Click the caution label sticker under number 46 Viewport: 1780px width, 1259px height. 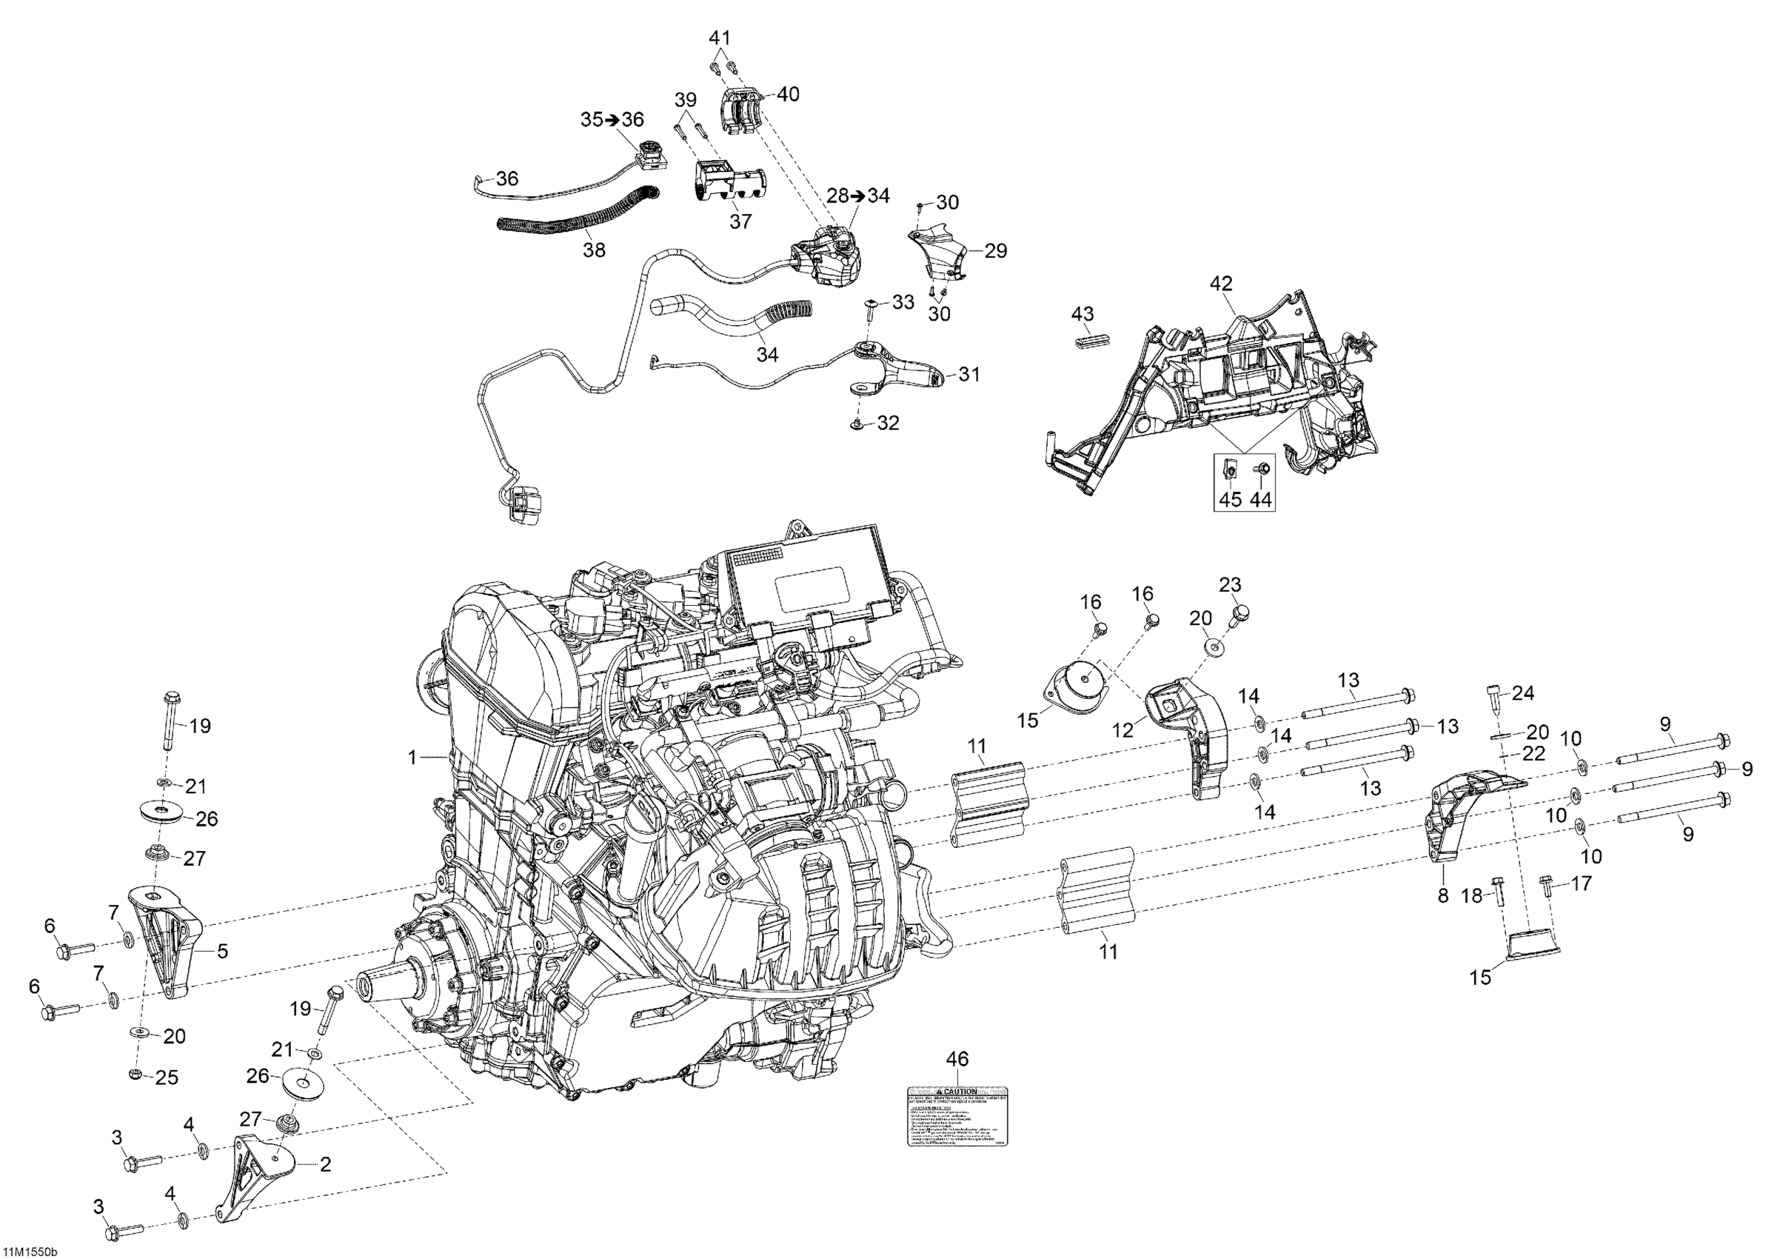[x=959, y=1116]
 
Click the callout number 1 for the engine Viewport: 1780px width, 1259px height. [x=413, y=757]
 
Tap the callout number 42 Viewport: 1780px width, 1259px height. [x=1221, y=284]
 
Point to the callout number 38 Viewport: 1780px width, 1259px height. [x=595, y=250]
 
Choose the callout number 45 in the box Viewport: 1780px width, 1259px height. [x=1231, y=500]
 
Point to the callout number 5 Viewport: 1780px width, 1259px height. [x=222, y=950]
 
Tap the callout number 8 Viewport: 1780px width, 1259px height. [x=1443, y=895]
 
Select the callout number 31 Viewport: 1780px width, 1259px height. [x=969, y=375]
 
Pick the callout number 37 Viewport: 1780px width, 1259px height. [x=740, y=221]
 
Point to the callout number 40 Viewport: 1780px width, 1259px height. [x=788, y=95]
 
